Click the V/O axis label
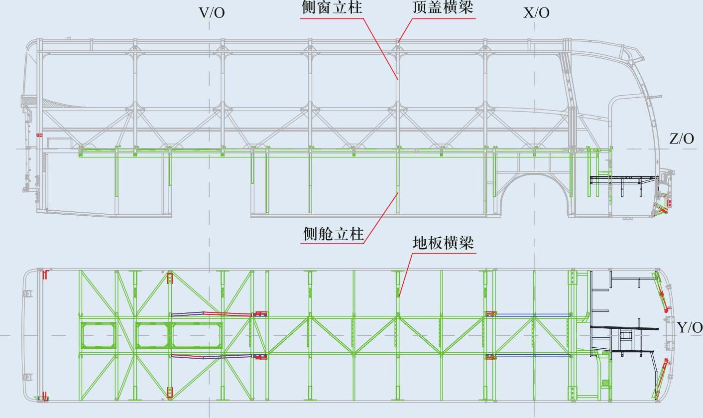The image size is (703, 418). pyautogui.click(x=212, y=12)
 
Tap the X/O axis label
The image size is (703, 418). pyautogui.click(x=536, y=12)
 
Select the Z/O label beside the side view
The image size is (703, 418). pyautogui.click(x=681, y=139)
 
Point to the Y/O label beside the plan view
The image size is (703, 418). pyautogui.click(x=690, y=327)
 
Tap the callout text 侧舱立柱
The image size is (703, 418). pyautogui.click(x=334, y=233)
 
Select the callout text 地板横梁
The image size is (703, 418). pyautogui.click(x=443, y=243)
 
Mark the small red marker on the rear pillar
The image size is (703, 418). pyautogui.click(x=40, y=135)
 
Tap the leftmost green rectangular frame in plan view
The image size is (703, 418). pyautogui.click(x=98, y=335)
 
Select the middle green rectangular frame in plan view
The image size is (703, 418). pyautogui.click(x=152, y=335)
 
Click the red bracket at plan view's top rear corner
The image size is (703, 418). pyautogui.click(x=45, y=275)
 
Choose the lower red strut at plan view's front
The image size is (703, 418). pyautogui.click(x=662, y=379)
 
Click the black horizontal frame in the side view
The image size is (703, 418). pyautogui.click(x=622, y=178)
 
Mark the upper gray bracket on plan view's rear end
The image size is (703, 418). pyautogui.click(x=28, y=293)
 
